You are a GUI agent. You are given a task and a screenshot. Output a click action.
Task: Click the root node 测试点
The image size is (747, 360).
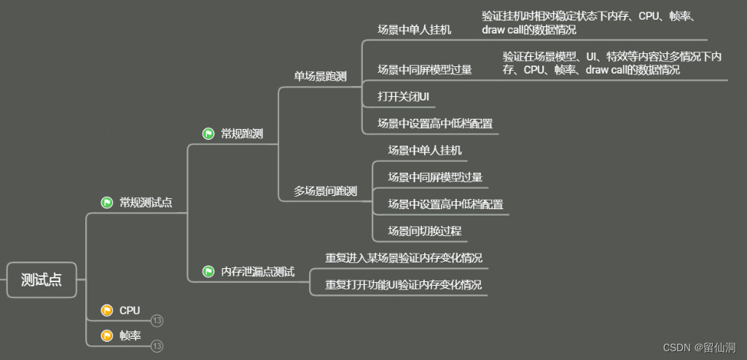click(42, 280)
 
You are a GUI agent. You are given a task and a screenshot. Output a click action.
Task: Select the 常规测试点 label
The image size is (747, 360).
click(146, 203)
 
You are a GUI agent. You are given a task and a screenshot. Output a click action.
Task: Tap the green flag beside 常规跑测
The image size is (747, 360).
click(208, 134)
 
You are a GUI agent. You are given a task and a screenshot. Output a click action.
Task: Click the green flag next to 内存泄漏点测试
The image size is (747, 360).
click(208, 272)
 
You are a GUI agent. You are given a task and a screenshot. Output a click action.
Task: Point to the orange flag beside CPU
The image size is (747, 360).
click(107, 310)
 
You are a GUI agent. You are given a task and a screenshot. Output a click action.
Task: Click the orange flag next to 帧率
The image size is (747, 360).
click(107, 336)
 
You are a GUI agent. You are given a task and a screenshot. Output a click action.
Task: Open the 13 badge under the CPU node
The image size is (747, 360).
click(157, 321)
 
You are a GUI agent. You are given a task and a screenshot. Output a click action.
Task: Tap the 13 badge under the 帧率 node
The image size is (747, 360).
click(157, 346)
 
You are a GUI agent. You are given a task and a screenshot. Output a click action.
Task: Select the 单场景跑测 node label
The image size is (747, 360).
click(320, 76)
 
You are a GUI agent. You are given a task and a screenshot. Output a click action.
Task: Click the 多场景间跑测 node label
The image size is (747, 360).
click(325, 192)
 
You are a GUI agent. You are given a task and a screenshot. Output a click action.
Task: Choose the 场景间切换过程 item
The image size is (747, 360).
click(424, 231)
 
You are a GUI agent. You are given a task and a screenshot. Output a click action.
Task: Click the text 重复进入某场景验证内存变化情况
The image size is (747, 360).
click(403, 258)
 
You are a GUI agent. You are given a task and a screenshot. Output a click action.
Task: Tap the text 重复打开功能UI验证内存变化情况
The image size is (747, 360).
click(403, 284)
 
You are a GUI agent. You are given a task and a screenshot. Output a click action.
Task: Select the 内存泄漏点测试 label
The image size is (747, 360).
click(257, 272)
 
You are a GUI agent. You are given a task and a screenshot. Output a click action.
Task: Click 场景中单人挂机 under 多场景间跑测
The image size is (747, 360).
click(424, 150)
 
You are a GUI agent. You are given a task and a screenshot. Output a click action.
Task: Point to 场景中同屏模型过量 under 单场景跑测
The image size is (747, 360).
click(424, 70)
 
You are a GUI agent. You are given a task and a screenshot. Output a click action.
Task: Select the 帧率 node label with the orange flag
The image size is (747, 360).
click(130, 336)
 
